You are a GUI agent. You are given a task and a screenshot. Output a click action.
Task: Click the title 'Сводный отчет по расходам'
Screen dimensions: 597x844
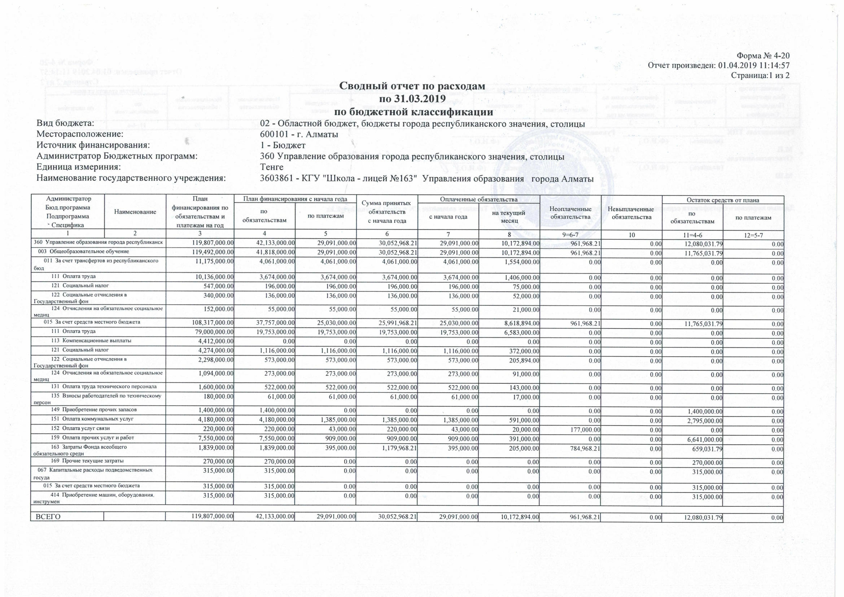tap(412, 86)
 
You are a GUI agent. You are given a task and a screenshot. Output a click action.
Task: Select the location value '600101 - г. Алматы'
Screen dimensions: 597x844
tap(299, 134)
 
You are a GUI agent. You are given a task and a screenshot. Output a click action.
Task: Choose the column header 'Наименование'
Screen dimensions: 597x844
tap(135, 212)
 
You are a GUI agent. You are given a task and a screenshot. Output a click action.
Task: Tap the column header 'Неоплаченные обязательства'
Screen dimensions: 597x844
tap(570, 213)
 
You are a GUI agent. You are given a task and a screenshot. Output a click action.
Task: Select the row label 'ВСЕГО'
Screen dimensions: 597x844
tap(48, 517)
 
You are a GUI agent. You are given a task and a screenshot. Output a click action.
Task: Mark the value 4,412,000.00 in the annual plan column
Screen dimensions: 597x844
tap(215, 342)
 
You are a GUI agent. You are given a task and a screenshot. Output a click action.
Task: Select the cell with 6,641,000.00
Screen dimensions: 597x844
tap(705, 439)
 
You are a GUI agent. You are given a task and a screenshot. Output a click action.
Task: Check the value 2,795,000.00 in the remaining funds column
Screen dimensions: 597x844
tap(705, 420)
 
